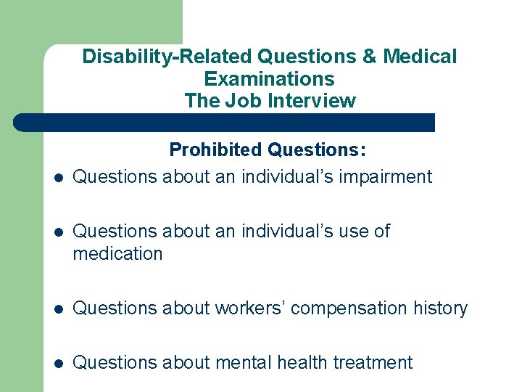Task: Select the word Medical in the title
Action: (420, 57)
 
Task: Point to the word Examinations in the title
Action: (269, 78)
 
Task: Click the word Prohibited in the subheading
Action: (215, 150)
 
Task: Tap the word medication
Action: (117, 254)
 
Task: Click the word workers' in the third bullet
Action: (242, 308)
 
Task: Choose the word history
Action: (441, 308)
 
